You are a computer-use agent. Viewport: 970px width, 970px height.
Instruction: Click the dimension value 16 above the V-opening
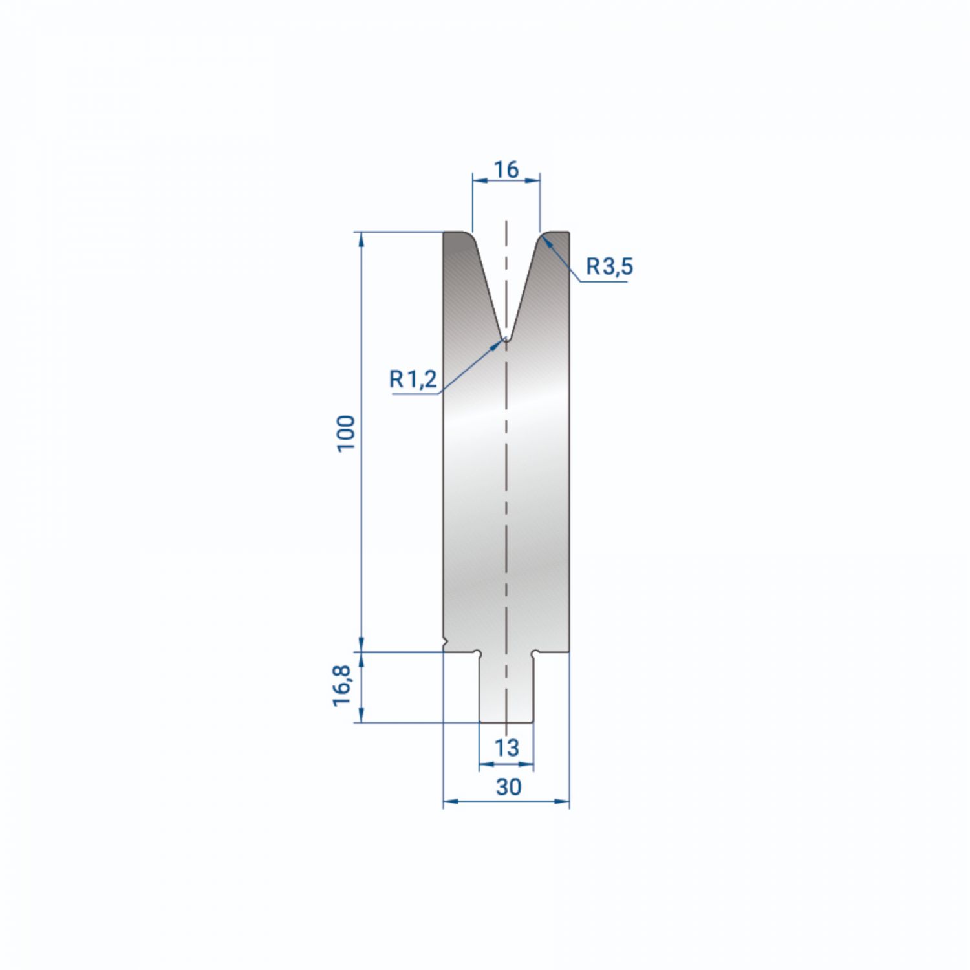tap(506, 169)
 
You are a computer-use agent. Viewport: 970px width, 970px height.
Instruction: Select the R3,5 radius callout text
tap(609, 266)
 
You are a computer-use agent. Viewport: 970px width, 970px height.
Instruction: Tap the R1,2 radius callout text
tap(413, 378)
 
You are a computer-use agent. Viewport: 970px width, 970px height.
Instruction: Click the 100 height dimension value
tap(346, 433)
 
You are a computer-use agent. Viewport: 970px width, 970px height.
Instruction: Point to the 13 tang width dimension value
tap(506, 748)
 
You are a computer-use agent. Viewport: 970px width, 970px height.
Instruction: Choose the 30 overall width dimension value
tap(508, 787)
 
